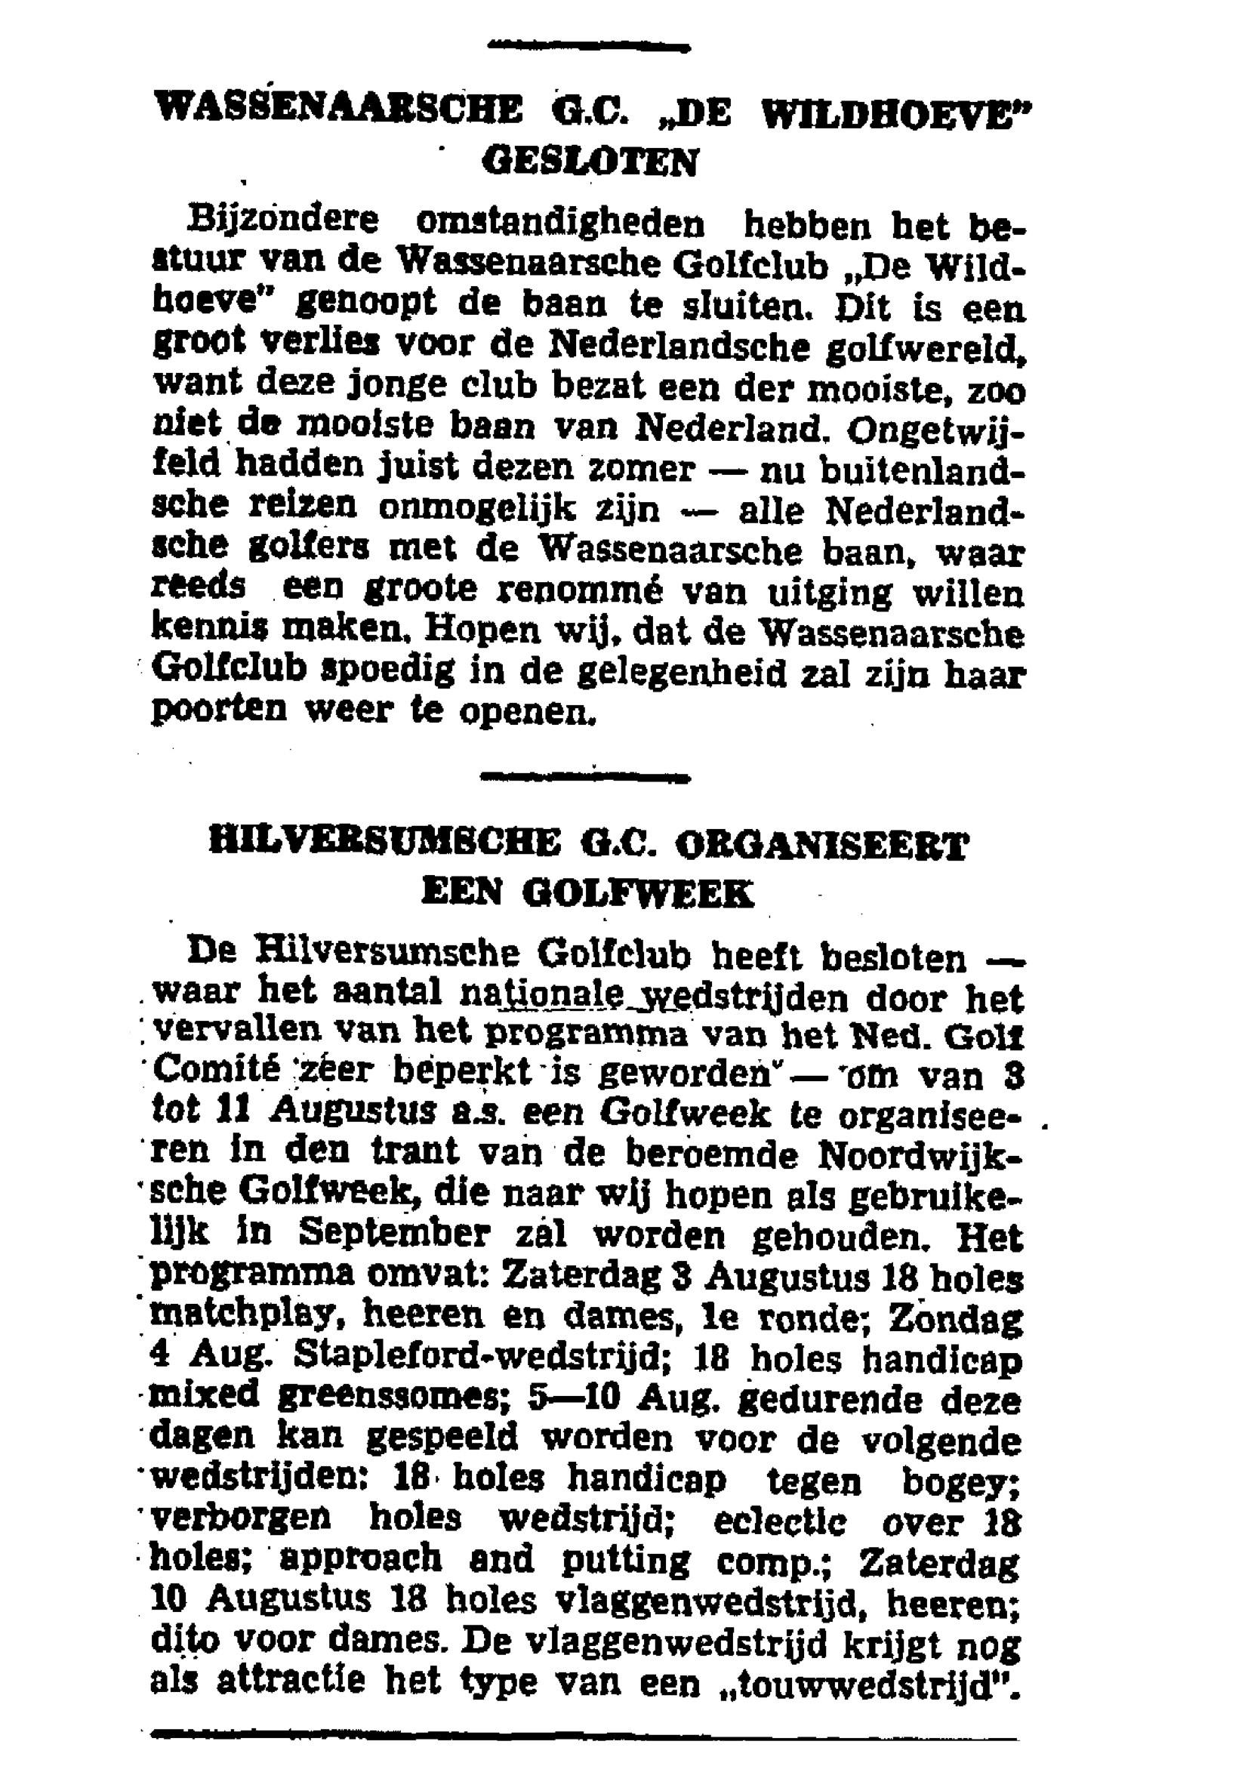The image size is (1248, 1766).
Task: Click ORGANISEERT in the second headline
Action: click(822, 845)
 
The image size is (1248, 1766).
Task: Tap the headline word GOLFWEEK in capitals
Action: click(636, 894)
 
